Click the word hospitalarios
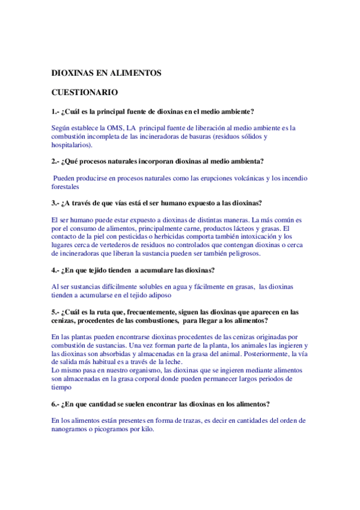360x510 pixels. [x=72, y=145]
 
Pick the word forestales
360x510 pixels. [x=66, y=186]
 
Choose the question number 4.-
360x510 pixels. [x=56, y=270]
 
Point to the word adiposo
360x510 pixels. [x=159, y=295]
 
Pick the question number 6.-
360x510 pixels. [x=56, y=403]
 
